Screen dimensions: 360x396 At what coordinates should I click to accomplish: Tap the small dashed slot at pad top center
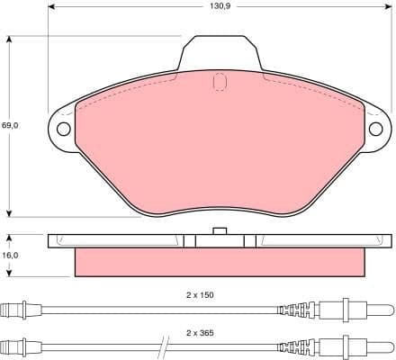click(x=219, y=81)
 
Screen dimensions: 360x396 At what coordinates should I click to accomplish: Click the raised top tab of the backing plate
click(x=220, y=54)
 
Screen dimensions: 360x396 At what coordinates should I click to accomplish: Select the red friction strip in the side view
click(x=220, y=262)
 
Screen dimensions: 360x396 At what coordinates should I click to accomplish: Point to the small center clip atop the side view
click(x=219, y=232)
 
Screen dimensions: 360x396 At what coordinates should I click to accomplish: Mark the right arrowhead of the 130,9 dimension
click(x=386, y=16)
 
